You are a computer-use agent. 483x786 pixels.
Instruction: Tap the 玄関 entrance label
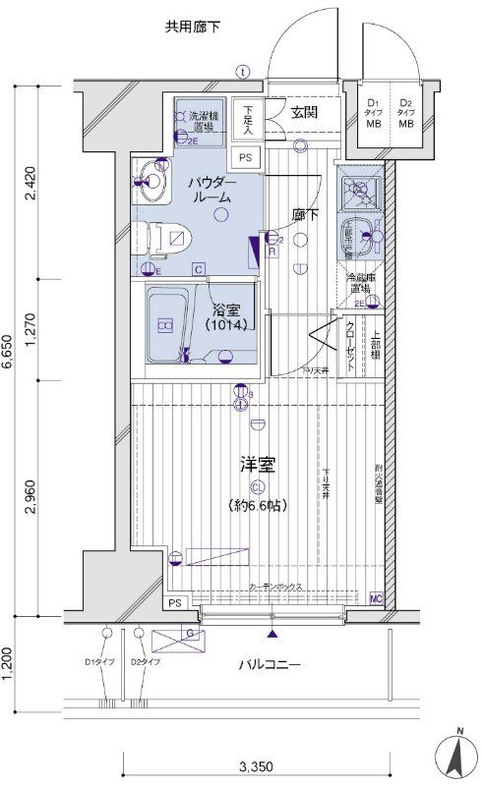click(x=304, y=111)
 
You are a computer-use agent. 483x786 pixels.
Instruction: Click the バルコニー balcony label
click(x=269, y=665)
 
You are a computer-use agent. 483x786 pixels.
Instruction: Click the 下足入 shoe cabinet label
click(x=250, y=118)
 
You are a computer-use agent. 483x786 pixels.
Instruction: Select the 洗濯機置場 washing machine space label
click(x=205, y=121)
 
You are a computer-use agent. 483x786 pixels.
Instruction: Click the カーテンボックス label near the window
click(x=275, y=587)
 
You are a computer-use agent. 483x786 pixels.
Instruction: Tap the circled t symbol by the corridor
click(x=243, y=71)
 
